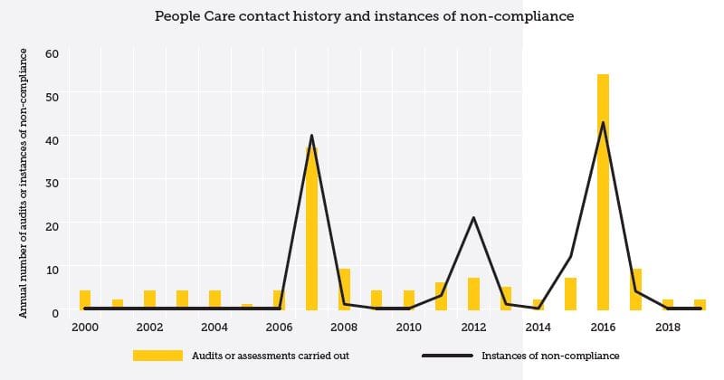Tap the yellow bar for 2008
click(x=344, y=289)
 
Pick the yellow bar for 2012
click(x=473, y=293)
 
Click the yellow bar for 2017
click(x=635, y=289)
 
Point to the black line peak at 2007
click(x=311, y=136)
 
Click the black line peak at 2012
click(x=473, y=217)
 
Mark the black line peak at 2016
click(x=603, y=122)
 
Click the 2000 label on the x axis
click(x=85, y=327)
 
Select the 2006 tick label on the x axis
click(x=279, y=327)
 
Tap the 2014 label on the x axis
click(x=538, y=327)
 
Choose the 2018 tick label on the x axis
click(x=668, y=327)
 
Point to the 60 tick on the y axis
click(x=52, y=52)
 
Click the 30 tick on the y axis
click(x=52, y=182)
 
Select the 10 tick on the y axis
click(x=52, y=269)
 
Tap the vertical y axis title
click(x=24, y=181)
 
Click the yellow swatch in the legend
click(x=157, y=356)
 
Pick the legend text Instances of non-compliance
click(x=550, y=356)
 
